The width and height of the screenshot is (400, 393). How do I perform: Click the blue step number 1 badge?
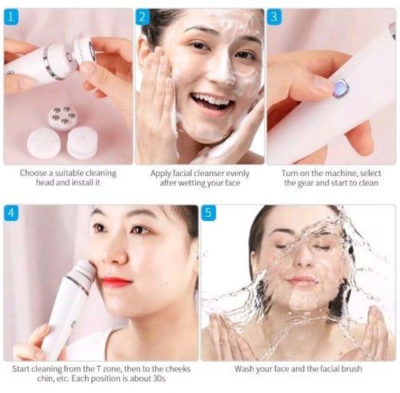11,17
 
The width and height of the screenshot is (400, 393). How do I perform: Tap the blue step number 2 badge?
142,17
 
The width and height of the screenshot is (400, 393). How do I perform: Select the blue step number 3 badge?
274,17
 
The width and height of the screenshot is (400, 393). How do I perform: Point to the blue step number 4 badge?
11,213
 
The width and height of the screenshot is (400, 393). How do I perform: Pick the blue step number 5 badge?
208,213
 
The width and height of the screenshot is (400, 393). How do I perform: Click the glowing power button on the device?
341,87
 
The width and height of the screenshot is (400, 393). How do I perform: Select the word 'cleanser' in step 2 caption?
209,174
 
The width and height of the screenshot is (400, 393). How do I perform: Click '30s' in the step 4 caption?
159,379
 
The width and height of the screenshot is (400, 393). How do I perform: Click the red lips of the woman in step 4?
116,282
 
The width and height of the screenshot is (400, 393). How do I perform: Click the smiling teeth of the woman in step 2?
212,101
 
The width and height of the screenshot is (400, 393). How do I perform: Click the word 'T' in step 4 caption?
98,369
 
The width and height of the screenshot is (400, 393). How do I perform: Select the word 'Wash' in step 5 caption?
243,369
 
